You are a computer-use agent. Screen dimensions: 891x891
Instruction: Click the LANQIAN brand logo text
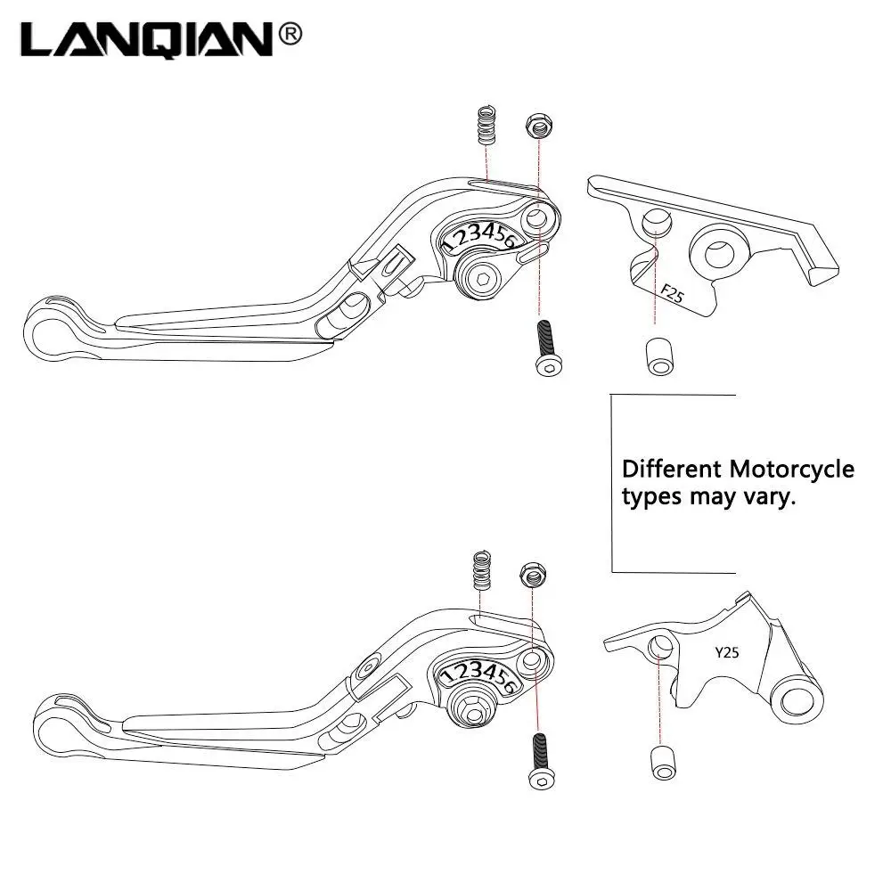tap(148, 39)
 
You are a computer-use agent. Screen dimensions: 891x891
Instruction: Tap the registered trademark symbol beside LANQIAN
tap(290, 34)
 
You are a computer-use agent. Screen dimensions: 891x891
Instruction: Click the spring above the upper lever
tap(485, 127)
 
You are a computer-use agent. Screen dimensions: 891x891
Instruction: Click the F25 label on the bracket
tap(672, 293)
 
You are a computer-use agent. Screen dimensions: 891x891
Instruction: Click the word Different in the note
tap(672, 469)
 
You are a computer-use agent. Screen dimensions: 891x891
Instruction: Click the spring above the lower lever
tap(482, 570)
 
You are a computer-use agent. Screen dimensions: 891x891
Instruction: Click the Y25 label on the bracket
tap(726, 652)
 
